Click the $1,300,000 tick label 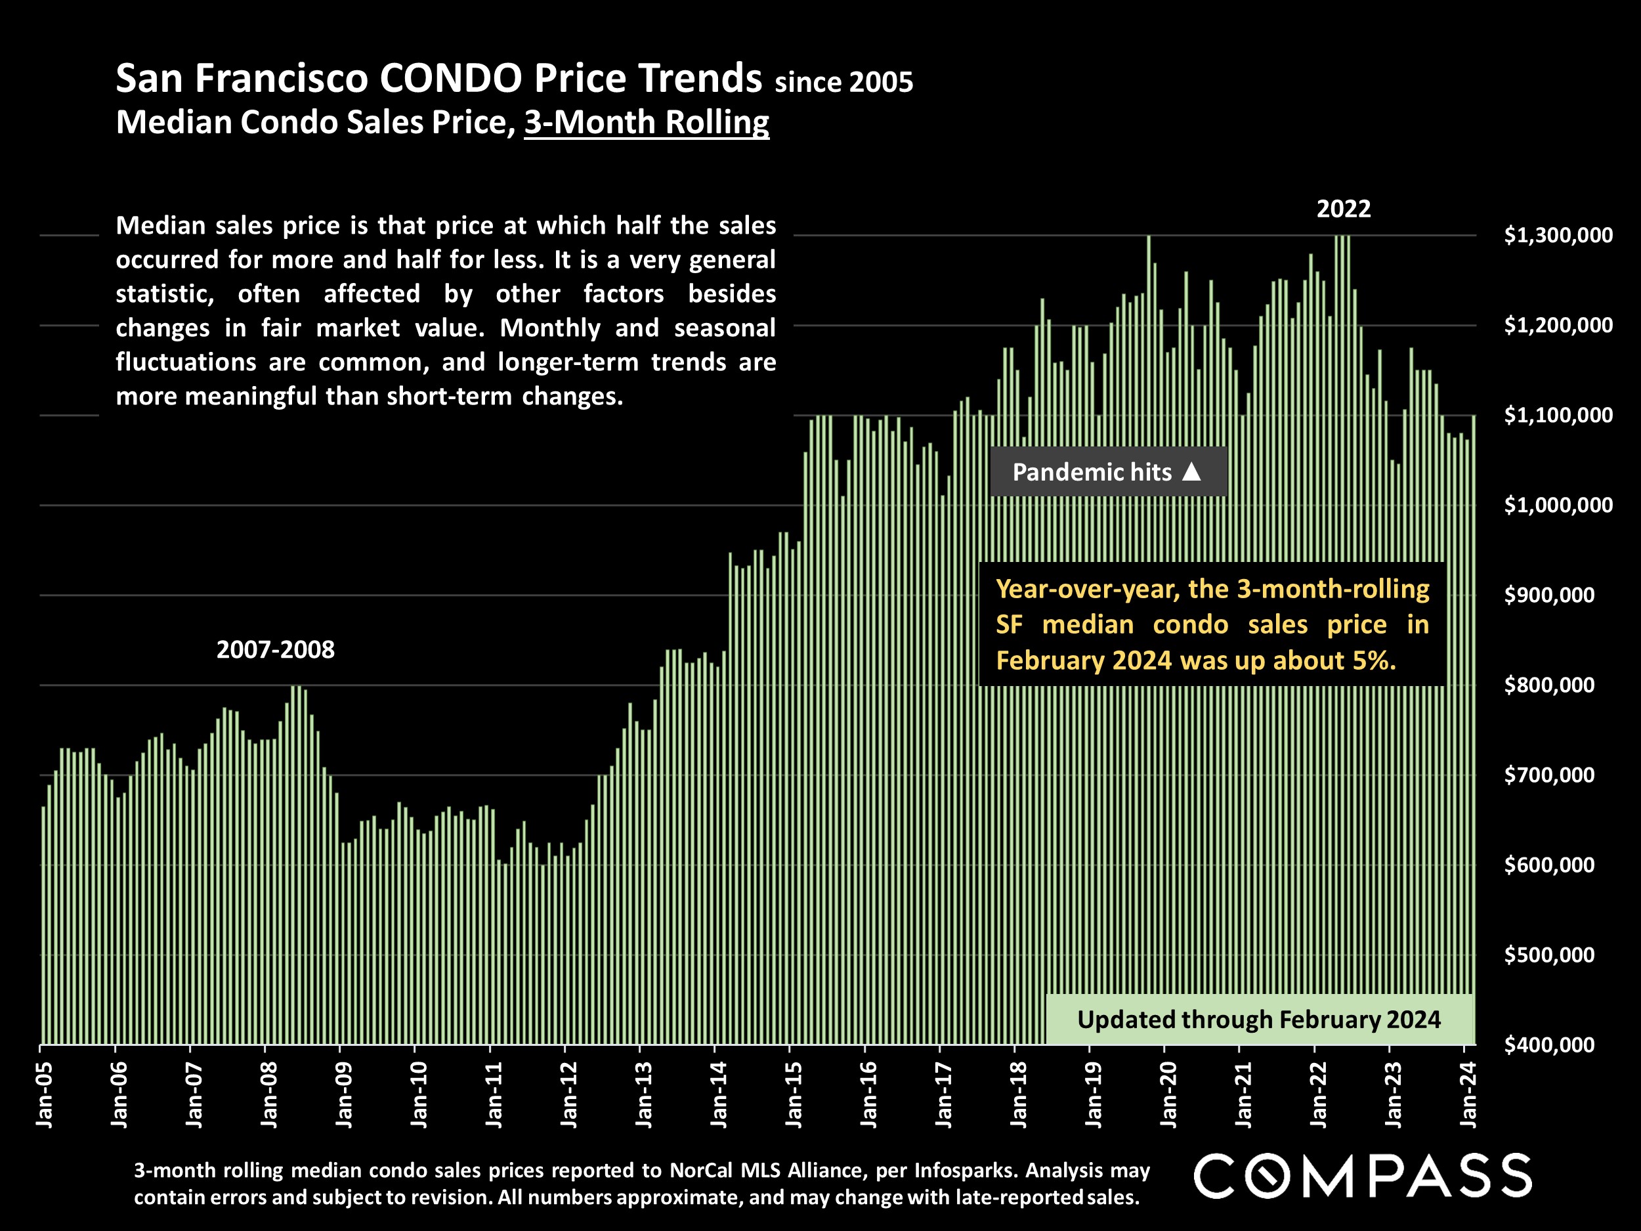(x=1558, y=235)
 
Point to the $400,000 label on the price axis (x=1549, y=1045)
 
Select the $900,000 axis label (x=1549, y=595)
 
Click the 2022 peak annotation (x=1344, y=209)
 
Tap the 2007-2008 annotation (x=275, y=650)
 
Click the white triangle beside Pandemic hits (x=1191, y=471)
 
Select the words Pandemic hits (x=1092, y=472)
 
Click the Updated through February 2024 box (x=1259, y=1020)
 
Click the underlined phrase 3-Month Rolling (x=646, y=122)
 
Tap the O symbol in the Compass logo (x=1266, y=1175)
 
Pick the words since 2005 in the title (x=843, y=81)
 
